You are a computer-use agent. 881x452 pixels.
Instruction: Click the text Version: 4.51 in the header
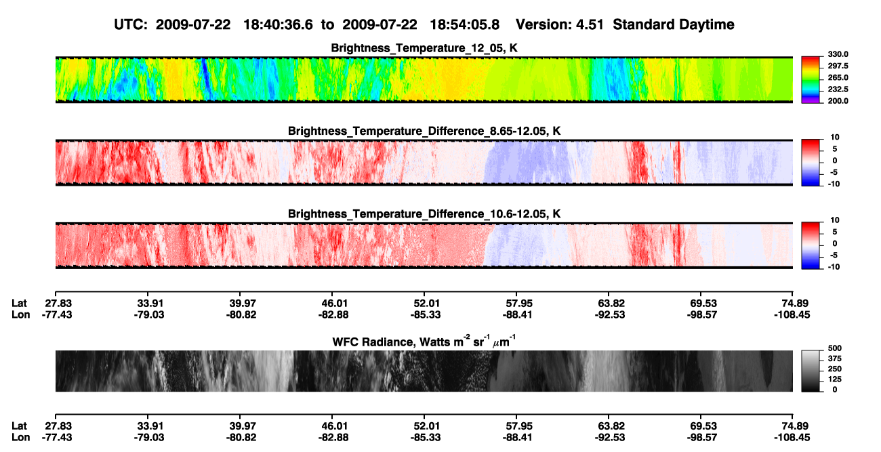coord(559,25)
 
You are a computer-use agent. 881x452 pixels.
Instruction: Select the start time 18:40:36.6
coord(278,25)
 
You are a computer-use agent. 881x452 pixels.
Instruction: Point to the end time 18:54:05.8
coord(464,25)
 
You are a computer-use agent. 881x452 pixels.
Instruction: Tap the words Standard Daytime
coord(674,25)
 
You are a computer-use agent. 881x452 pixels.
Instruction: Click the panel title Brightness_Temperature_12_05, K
coord(424,48)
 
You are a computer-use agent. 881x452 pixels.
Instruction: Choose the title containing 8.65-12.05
coord(424,131)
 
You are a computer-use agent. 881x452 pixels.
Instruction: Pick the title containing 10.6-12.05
coord(424,214)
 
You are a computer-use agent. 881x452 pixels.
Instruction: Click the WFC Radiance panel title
coord(424,342)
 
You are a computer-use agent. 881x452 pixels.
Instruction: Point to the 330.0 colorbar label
coord(838,54)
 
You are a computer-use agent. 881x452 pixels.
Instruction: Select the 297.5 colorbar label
coord(838,66)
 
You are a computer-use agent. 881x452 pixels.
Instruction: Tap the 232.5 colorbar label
coord(838,89)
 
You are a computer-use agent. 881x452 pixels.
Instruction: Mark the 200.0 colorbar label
coord(838,101)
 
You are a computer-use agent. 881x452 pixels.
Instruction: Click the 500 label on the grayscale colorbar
coord(834,348)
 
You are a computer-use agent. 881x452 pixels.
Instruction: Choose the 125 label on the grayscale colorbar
coord(834,379)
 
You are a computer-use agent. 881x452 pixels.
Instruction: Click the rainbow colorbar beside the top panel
coord(811,80)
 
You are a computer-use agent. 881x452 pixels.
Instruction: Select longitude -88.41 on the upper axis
coord(517,314)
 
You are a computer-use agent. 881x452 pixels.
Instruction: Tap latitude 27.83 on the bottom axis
coord(58,426)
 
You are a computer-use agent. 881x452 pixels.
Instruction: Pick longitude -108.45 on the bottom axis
coord(792,438)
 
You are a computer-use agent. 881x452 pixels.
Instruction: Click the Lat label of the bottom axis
coord(19,426)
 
